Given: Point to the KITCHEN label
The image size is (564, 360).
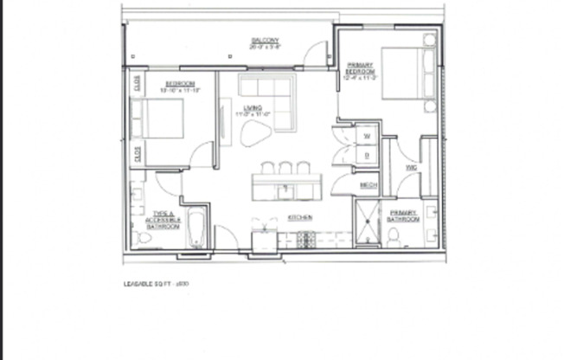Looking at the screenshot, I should click(x=300, y=217).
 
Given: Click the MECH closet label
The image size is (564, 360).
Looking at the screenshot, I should click(x=369, y=184).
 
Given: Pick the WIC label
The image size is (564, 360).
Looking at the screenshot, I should click(x=411, y=167).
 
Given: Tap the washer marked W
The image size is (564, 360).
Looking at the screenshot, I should click(x=367, y=137).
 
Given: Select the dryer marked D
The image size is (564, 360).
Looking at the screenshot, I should click(x=367, y=156).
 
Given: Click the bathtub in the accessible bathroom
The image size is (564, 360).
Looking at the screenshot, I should click(x=197, y=228).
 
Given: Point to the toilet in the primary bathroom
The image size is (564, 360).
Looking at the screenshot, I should click(x=393, y=235).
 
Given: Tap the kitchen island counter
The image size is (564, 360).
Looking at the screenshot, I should click(x=286, y=186).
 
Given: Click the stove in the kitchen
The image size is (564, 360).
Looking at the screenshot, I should click(x=307, y=239).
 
